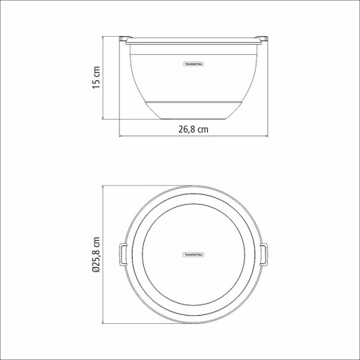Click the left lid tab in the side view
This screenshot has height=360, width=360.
pyautogui.click(x=126, y=36)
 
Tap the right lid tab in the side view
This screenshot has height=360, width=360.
pyautogui.click(x=263, y=36)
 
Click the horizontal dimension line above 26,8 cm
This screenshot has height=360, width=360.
pyautogui.click(x=194, y=138)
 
